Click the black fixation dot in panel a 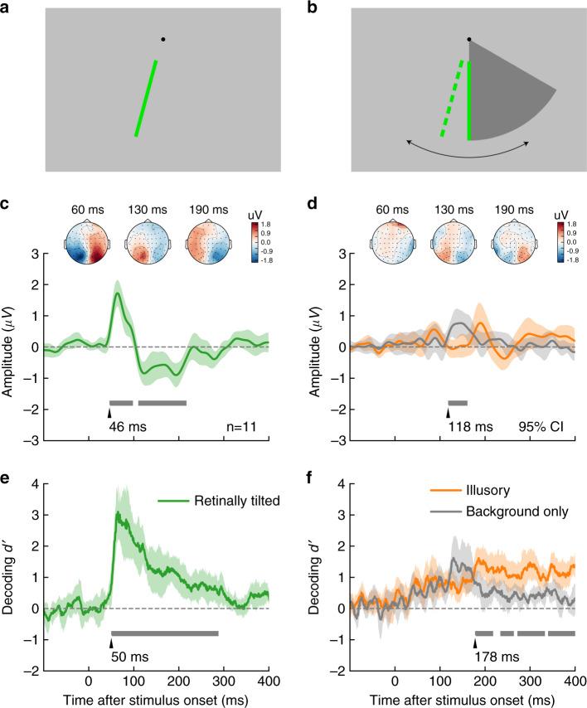pyautogui.click(x=163, y=39)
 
